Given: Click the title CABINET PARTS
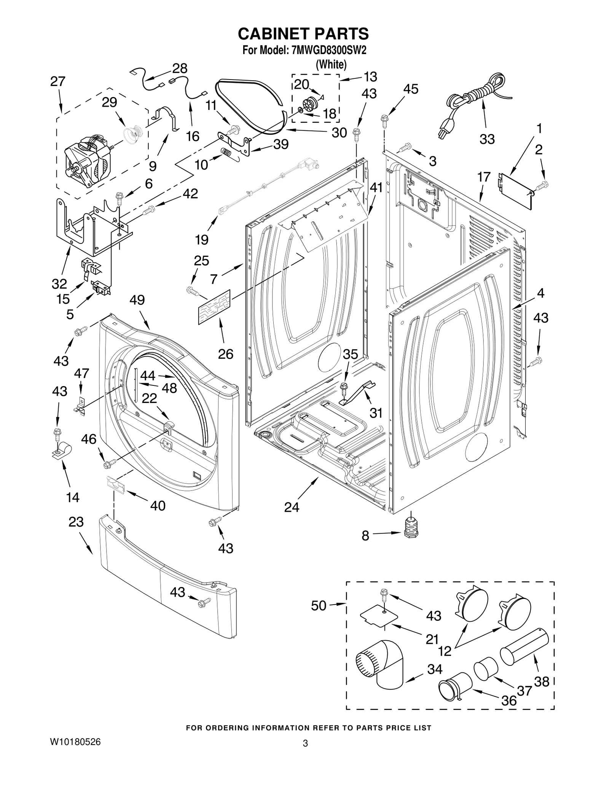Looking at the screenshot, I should [303, 33].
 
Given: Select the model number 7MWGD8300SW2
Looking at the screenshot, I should [328, 51].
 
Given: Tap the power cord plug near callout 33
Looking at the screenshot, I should [444, 131].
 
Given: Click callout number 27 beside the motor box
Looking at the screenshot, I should [58, 81].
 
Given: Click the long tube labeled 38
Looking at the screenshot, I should [524, 647].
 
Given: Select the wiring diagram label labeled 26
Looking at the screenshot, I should [214, 307].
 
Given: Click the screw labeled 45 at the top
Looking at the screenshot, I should [384, 119].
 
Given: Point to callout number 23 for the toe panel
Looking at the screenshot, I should [76, 522].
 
